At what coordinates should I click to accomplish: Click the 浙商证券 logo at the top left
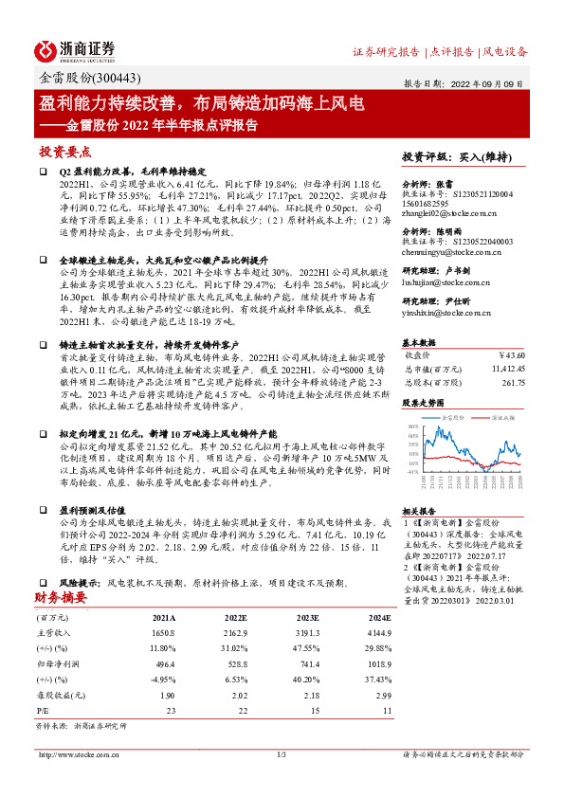pyautogui.click(x=75, y=48)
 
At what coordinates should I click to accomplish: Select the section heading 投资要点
pyautogui.click(x=64, y=151)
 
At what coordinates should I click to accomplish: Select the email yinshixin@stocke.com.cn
pyautogui.click(x=448, y=312)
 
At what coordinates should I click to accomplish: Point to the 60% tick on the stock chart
pyautogui.click(x=413, y=437)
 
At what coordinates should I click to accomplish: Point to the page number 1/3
pyautogui.click(x=282, y=754)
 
